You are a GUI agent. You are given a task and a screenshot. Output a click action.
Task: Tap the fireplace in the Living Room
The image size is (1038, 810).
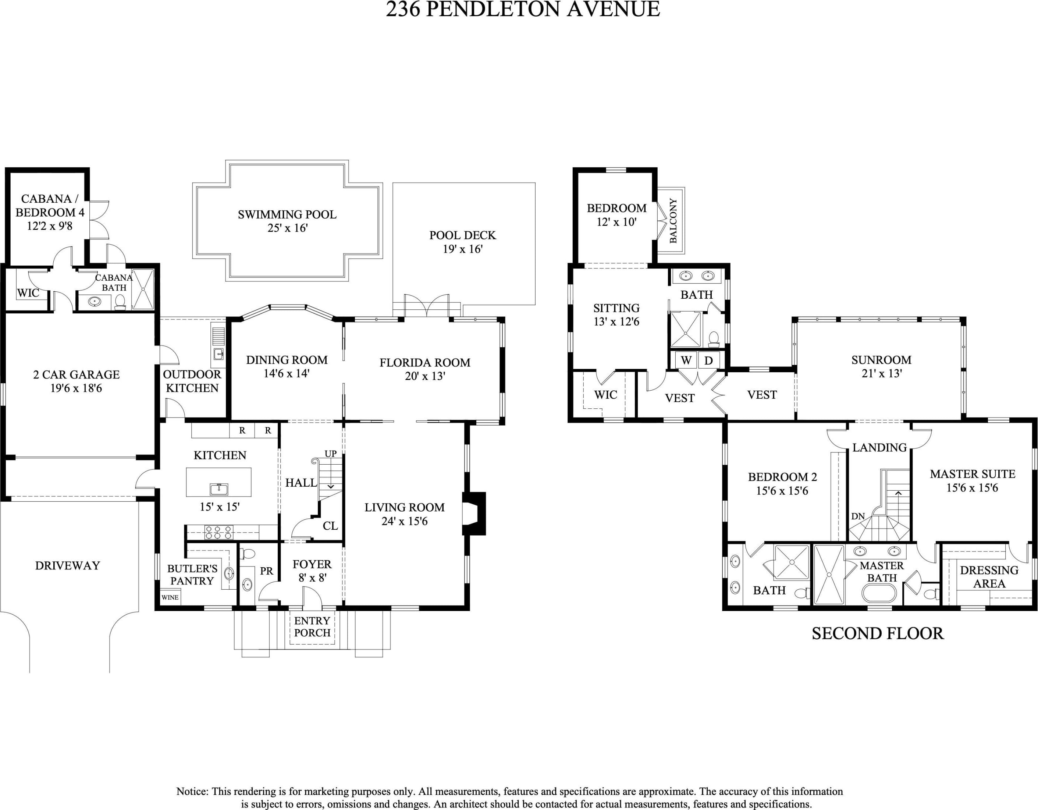pyautogui.click(x=474, y=514)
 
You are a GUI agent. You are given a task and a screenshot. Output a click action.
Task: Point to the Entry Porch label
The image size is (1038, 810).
pyautogui.click(x=312, y=626)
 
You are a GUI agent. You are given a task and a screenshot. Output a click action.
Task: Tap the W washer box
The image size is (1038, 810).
pyautogui.click(x=686, y=360)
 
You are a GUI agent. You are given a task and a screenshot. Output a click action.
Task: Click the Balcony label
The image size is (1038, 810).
pyautogui.click(x=673, y=221)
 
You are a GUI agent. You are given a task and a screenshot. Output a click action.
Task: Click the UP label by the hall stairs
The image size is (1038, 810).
pyautogui.click(x=331, y=454)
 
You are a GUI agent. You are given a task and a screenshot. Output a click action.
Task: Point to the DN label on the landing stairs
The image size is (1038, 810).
pyautogui.click(x=858, y=516)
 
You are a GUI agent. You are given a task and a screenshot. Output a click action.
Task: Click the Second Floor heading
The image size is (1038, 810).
pyautogui.click(x=877, y=634)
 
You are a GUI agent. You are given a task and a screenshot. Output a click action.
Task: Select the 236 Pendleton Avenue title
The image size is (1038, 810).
pyautogui.click(x=523, y=10)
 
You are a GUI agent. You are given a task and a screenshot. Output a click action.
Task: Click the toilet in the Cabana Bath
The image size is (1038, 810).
pyautogui.click(x=120, y=302)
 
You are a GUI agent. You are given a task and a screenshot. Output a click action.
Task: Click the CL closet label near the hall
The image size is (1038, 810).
pyautogui.click(x=330, y=526)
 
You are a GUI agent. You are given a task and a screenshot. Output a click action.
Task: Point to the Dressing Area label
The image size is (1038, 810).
pyautogui.click(x=989, y=577)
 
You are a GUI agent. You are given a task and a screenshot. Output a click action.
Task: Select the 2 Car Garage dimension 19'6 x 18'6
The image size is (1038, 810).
pyautogui.click(x=76, y=388)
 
